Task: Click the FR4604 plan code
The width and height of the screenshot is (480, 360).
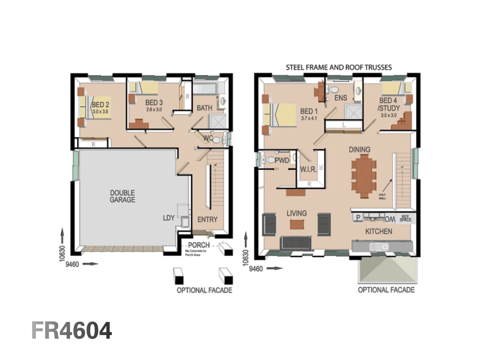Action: coord(71,331)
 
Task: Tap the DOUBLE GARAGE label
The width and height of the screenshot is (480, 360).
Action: coord(122,196)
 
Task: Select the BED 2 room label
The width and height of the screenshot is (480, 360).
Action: coord(100,105)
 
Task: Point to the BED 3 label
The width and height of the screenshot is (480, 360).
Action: coord(154,102)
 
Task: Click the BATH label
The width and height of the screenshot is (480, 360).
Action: coord(204,108)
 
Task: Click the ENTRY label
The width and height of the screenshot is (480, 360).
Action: coord(207,219)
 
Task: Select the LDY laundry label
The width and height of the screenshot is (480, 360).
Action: coord(169,218)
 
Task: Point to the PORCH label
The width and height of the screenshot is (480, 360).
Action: coord(199,245)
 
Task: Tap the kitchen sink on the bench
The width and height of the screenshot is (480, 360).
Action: coord(381,247)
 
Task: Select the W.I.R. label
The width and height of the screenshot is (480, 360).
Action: coord(308,169)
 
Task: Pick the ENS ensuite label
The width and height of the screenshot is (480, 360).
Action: coord(341,98)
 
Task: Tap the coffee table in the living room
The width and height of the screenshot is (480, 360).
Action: coord(297,224)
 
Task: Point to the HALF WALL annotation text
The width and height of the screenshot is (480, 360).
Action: coord(382,196)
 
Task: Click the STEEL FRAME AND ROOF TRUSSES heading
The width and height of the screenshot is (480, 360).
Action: coord(339,67)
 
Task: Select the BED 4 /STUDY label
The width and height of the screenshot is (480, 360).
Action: coord(388,104)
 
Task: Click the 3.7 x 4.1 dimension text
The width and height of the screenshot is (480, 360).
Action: coord(309,118)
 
